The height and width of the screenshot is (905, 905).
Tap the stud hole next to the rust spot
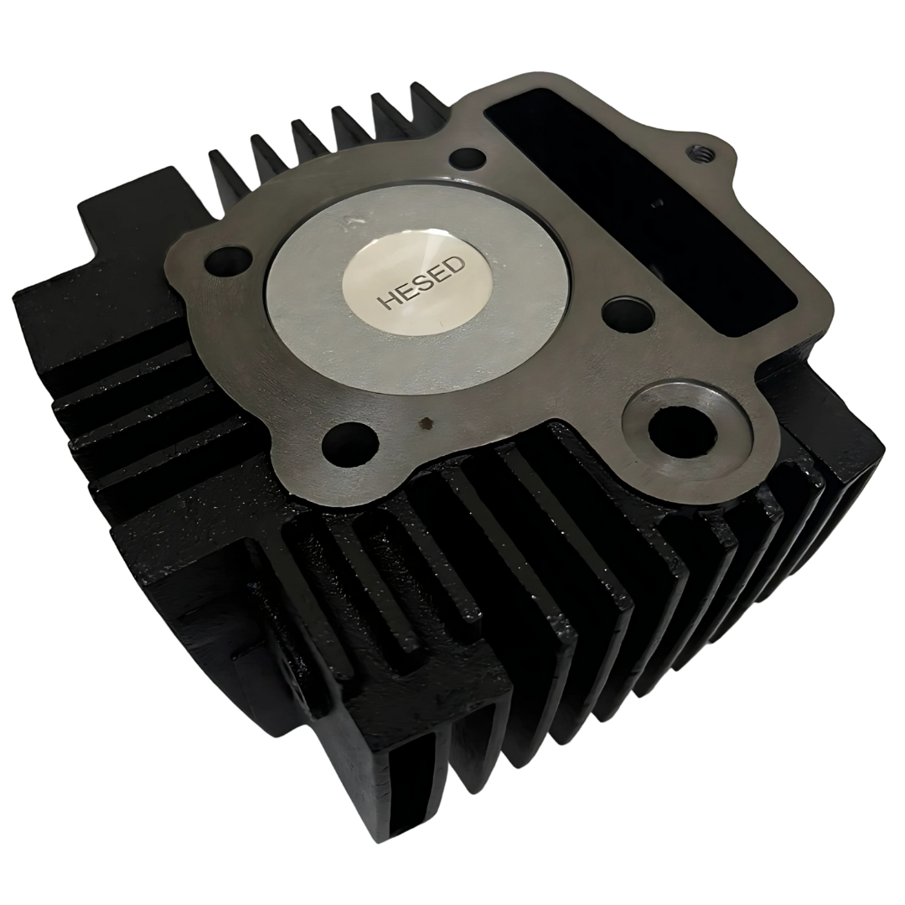tap(349, 441)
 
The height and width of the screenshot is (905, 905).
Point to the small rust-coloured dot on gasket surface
tap(428, 422)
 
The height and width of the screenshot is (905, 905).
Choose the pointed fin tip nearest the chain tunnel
tap(417, 87)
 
